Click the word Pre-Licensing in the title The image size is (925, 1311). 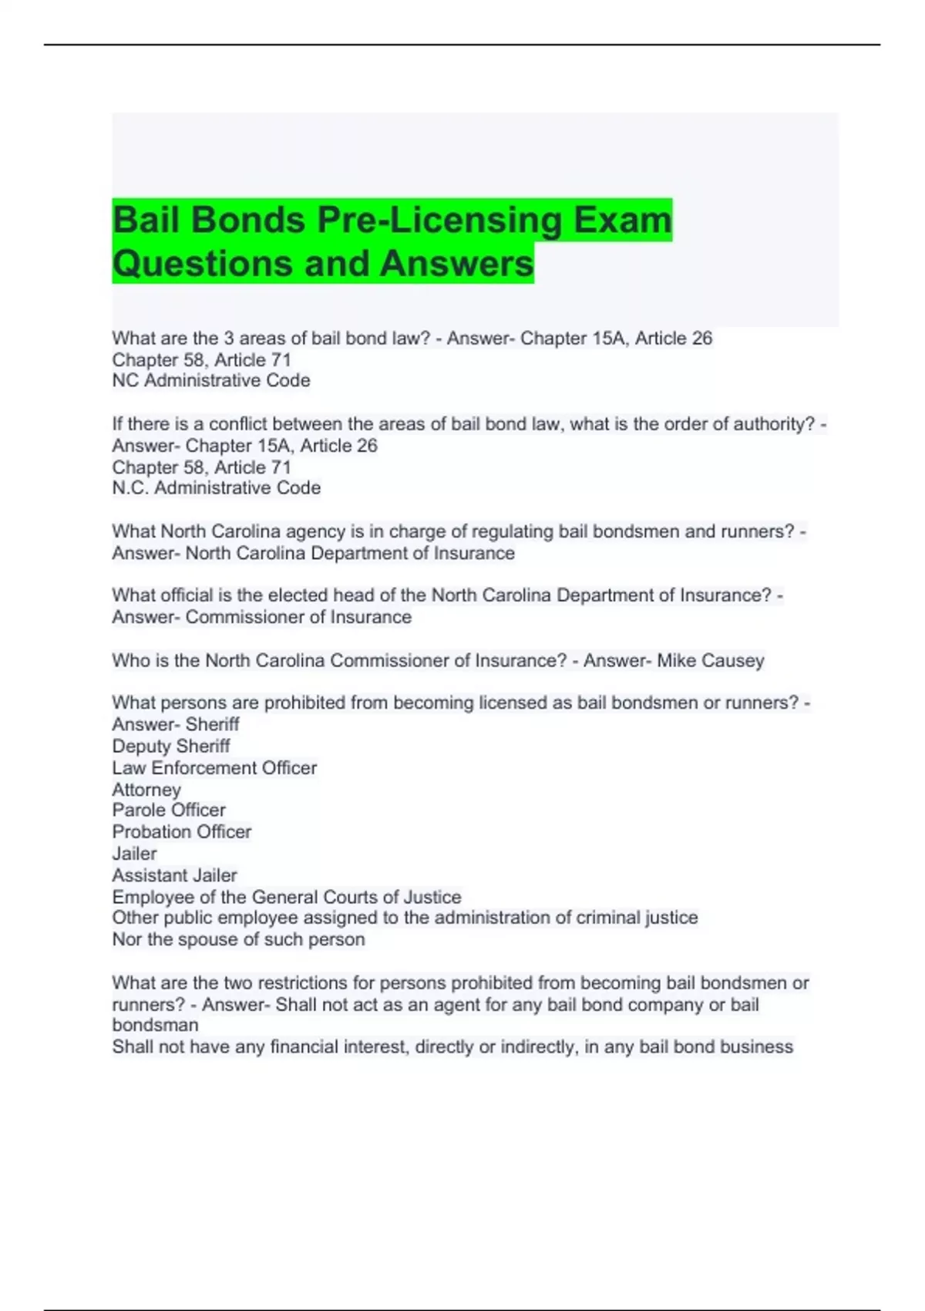click(x=439, y=221)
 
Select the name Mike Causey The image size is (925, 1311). click(x=710, y=661)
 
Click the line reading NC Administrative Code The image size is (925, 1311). click(x=211, y=381)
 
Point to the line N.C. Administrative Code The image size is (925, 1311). click(x=216, y=488)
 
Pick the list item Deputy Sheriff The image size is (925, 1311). click(x=171, y=746)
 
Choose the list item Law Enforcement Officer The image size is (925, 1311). click(x=214, y=768)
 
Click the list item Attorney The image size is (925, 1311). click(x=146, y=790)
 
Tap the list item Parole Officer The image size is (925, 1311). click(x=169, y=811)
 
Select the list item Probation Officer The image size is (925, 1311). click(x=181, y=832)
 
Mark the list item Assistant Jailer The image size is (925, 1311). click(x=174, y=876)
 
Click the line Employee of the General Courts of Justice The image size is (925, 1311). click(x=287, y=898)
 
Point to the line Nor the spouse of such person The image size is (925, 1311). click(x=238, y=940)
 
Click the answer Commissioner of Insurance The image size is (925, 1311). click(x=298, y=618)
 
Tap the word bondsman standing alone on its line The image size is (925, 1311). click(x=155, y=1026)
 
